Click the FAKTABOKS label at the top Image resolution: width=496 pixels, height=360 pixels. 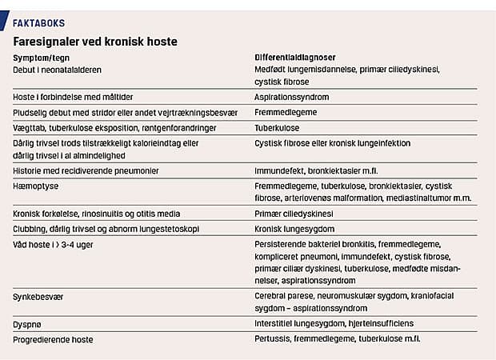point(39,23)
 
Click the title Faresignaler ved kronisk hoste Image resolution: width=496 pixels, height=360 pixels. point(95,41)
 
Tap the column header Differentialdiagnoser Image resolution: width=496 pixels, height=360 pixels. point(295,58)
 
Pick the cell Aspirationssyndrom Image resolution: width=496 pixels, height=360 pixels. point(291,98)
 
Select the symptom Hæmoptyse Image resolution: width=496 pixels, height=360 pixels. point(37,186)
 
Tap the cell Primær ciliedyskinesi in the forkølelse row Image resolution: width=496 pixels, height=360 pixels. point(295,214)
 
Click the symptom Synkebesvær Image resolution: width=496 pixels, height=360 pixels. point(40,296)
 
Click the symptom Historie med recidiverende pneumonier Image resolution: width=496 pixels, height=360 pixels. point(86,171)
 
